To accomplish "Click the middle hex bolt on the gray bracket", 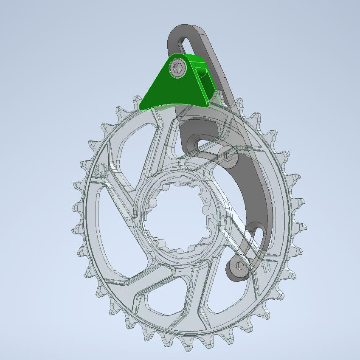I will (228, 157).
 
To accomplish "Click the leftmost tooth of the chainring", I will (76, 208).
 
